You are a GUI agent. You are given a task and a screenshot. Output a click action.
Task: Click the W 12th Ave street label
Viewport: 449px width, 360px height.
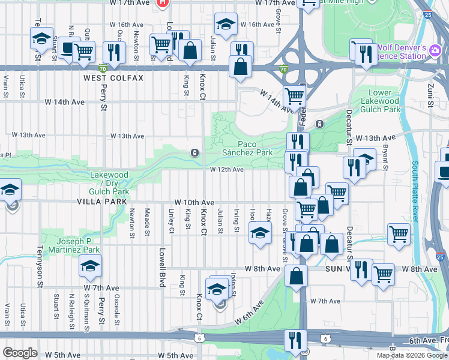[226, 170]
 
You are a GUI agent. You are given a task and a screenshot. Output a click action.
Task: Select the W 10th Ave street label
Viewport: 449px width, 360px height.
[194, 203]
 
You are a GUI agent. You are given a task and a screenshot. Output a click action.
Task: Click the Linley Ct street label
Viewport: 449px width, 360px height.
[171, 221]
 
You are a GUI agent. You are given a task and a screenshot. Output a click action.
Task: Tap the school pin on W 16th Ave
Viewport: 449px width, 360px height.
[225, 24]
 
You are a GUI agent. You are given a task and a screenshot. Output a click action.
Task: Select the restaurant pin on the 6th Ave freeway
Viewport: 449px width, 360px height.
[295, 339]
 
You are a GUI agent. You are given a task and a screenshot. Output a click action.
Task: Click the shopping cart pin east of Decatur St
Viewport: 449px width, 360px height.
[399, 234]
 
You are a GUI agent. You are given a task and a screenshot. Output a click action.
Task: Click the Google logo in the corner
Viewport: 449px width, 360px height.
[20, 353]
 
